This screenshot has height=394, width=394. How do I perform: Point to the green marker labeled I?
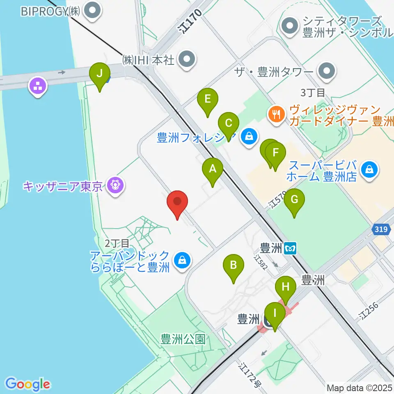pyautogui.click(x=275, y=315)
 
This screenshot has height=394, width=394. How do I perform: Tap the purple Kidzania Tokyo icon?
pyautogui.click(x=115, y=186)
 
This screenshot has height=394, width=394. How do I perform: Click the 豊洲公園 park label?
pyautogui.click(x=183, y=339)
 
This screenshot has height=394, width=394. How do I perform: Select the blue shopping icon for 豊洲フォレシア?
pyautogui.click(x=249, y=135)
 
